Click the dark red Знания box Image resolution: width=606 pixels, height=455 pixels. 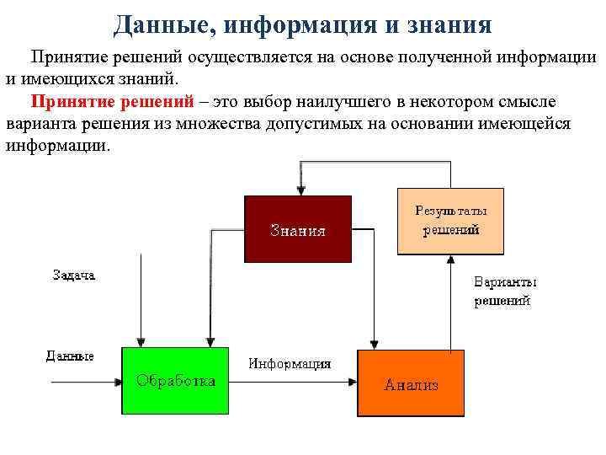pyautogui.click(x=297, y=229)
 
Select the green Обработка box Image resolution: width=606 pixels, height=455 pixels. pyautogui.click(x=175, y=380)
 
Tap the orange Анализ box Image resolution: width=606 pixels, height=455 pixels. pyautogui.click(x=411, y=383)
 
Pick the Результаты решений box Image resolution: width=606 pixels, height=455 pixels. pyautogui.click(x=450, y=220)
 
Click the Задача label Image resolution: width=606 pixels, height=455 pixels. pyautogui.click(x=73, y=275)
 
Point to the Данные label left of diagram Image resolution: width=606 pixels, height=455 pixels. pyautogui.click(x=69, y=356)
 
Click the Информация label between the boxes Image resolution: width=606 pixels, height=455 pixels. pyautogui.click(x=290, y=364)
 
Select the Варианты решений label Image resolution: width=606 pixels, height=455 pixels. pyautogui.click(x=505, y=292)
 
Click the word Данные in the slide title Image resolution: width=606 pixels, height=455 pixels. pyautogui.click(x=161, y=24)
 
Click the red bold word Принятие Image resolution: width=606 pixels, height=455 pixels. pyautogui.click(x=71, y=103)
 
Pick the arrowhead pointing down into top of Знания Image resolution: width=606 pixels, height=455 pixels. pyautogui.click(x=297, y=191)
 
